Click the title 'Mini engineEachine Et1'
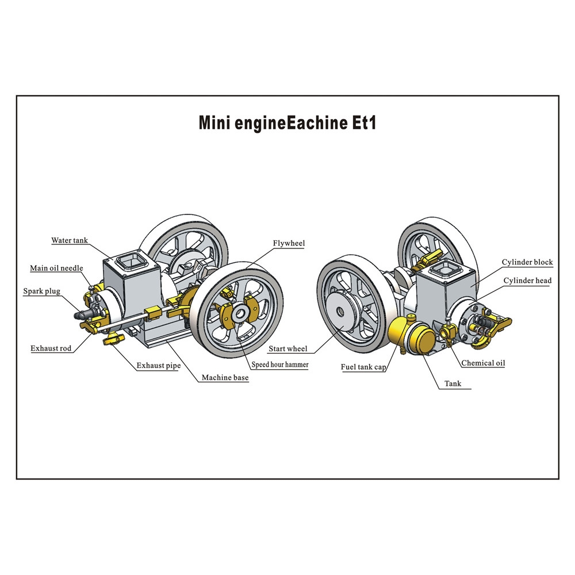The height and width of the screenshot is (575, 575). pyautogui.click(x=287, y=123)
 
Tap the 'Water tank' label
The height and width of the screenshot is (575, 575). pyautogui.click(x=70, y=240)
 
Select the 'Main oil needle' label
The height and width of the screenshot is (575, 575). pyautogui.click(x=56, y=268)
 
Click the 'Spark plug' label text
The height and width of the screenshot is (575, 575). pyautogui.click(x=41, y=292)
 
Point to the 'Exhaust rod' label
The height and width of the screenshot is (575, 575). pyautogui.click(x=51, y=348)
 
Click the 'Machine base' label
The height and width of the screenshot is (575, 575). pyautogui.click(x=225, y=378)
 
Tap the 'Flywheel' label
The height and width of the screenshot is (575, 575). pyautogui.click(x=289, y=243)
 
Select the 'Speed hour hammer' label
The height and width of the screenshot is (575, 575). pyautogui.click(x=279, y=365)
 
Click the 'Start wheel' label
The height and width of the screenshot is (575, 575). pyautogui.click(x=287, y=348)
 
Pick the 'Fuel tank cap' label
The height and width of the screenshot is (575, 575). pyautogui.click(x=363, y=367)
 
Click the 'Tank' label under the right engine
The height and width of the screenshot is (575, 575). pyautogui.click(x=453, y=384)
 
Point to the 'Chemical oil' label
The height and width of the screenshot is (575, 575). pyautogui.click(x=483, y=363)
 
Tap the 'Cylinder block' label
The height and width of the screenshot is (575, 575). pyautogui.click(x=527, y=262)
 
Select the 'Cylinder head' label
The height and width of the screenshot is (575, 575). pyautogui.click(x=527, y=281)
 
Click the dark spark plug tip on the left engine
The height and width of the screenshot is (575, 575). pyautogui.click(x=79, y=315)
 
